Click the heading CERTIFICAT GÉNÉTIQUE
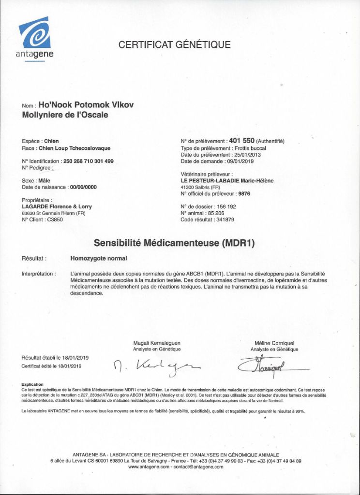tap(175, 45)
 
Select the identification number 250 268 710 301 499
tap(89, 161)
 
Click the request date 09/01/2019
tap(240, 161)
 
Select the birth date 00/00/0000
tap(83, 187)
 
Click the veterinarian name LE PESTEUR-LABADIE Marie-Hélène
tap(227, 181)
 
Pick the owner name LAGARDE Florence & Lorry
tap(57, 207)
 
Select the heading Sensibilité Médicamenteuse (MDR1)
tap(174, 242)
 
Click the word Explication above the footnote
tap(32, 385)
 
